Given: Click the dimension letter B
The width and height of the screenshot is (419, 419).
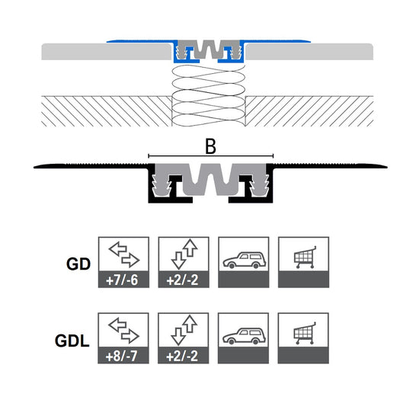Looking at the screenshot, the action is tap(210, 147).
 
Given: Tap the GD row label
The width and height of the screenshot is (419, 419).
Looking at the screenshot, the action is tap(78, 264).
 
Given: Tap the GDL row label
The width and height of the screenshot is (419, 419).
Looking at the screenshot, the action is tap(72, 341).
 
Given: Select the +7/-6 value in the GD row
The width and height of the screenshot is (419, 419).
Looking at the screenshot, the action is tap(122, 280).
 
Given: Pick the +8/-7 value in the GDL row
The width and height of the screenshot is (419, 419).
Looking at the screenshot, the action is tap(122, 356).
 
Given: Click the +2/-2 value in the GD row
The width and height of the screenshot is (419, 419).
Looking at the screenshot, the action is tap(182, 280).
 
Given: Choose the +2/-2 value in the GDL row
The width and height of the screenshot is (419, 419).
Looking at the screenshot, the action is tap(182, 356).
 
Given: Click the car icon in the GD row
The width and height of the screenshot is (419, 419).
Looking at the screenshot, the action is tap(245, 260).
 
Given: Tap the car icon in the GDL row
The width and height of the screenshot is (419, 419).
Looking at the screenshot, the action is tap(244, 336).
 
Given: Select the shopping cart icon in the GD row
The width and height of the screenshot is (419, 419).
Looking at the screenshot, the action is tap(305, 257).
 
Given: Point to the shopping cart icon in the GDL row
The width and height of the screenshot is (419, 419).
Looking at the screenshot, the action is tap(305, 333).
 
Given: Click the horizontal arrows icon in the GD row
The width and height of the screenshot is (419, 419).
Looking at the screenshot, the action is tap(124, 254).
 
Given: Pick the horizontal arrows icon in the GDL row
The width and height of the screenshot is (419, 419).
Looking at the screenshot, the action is tap(123, 331).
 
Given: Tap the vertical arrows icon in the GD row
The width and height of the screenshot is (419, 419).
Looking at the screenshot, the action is tap(184, 254).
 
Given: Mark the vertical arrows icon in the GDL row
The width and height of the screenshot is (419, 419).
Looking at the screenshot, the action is tap(184, 331).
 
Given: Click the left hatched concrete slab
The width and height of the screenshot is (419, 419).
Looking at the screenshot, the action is tap(107, 111).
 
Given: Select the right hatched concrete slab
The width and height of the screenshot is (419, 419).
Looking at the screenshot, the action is tap(309, 111).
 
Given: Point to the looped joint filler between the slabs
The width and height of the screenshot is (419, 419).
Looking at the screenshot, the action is tap(209, 95).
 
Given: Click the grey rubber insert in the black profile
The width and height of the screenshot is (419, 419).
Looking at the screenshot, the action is tap(210, 179).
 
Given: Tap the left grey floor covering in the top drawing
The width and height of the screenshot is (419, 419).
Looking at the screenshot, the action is tap(107, 52).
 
